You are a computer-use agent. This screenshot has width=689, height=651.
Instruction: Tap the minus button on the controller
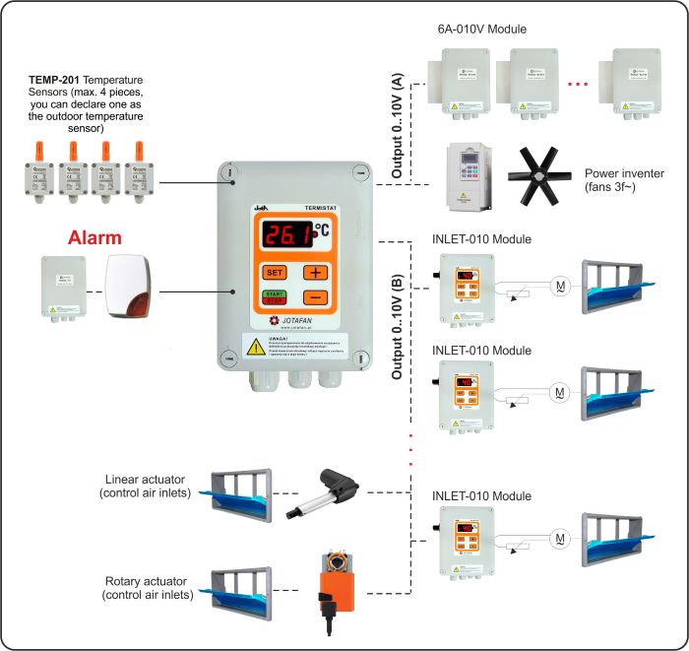315,297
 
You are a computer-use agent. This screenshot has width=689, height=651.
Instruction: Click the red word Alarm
94,238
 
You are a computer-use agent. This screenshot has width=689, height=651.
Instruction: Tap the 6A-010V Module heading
482,29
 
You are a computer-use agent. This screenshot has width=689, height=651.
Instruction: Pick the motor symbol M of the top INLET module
560,287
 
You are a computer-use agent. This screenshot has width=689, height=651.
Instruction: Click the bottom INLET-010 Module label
482,495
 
